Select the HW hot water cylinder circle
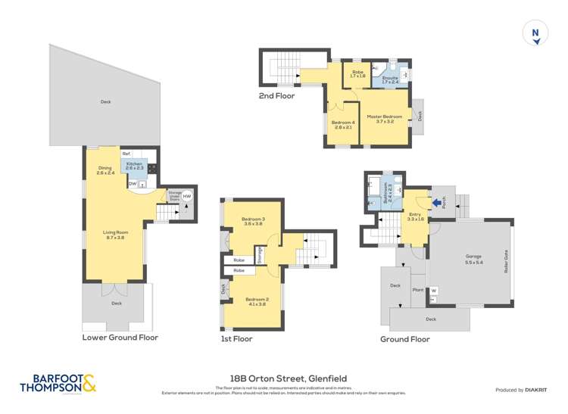[x=186, y=196]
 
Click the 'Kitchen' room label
[x=134, y=163]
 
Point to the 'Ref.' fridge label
[x=126, y=154]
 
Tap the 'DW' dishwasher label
[x=132, y=183]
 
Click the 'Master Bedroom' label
[x=385, y=117]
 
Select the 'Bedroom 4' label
[x=343, y=123]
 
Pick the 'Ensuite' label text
[x=390, y=78]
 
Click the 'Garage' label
[x=473, y=257]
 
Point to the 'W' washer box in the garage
[x=434, y=290]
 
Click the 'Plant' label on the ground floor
[x=417, y=289]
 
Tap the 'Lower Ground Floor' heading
[x=120, y=338]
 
